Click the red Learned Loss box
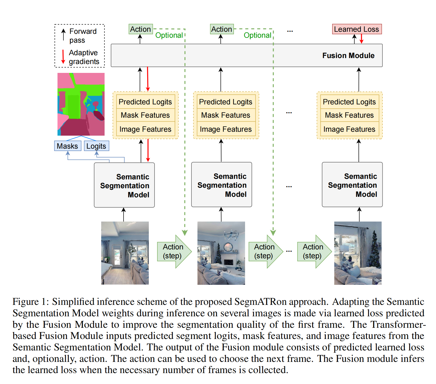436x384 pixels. point(357,29)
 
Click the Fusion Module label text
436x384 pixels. point(348,55)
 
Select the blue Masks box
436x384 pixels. point(67,146)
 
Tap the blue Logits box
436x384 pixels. point(96,146)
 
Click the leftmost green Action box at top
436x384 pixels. point(140,29)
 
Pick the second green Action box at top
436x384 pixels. point(222,29)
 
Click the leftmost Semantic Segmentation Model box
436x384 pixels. point(124,185)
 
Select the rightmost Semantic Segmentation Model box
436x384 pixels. point(352,185)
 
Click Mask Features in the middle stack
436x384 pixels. point(226,115)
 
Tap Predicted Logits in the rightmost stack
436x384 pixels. point(349,102)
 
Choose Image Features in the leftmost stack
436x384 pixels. point(145,129)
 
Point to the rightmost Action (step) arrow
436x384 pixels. point(314,251)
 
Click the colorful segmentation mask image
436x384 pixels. point(81,104)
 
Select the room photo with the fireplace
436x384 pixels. point(221,253)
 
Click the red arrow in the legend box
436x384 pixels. point(63,57)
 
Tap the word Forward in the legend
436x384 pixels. point(83,32)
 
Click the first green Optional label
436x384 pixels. point(169,35)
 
